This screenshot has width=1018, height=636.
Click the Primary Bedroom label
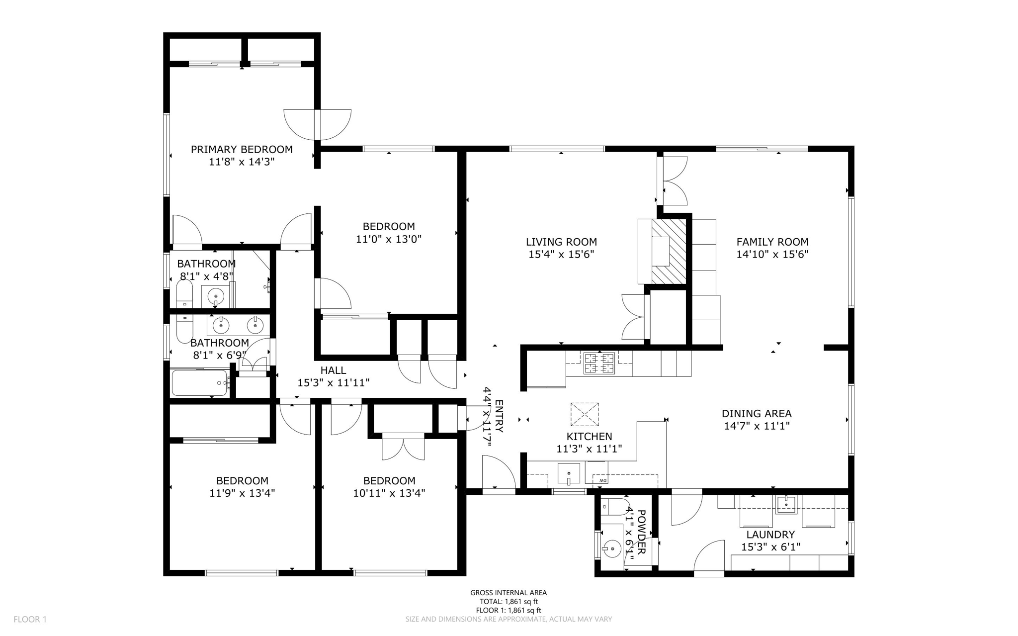pos(242,149)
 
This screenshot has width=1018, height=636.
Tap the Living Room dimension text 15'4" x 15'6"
pos(561,255)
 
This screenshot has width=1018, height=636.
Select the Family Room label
pos(772,242)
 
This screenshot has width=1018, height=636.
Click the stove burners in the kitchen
pos(599,363)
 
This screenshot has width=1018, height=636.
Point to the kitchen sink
pos(569,473)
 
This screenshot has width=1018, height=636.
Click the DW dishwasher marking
pos(602,481)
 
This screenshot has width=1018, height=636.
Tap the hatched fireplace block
pos(669,252)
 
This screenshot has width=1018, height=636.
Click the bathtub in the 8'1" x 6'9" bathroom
pos(199,383)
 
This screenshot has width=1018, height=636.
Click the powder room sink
pos(611,549)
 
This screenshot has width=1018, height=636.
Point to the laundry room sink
pos(786,504)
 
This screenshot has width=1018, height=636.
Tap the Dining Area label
pos(756,413)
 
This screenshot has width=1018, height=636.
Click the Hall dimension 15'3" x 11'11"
pos(333,383)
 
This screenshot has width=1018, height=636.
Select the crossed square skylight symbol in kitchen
pos(584,414)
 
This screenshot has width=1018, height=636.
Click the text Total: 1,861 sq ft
pos(509,602)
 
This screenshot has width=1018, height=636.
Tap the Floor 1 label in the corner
pos(30,619)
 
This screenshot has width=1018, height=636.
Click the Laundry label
pos(770,535)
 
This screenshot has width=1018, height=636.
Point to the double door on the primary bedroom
pos(317,124)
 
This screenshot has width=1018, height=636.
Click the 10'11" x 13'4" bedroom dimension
pos(389,493)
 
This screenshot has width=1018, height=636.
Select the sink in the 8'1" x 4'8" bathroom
pos(216,297)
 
